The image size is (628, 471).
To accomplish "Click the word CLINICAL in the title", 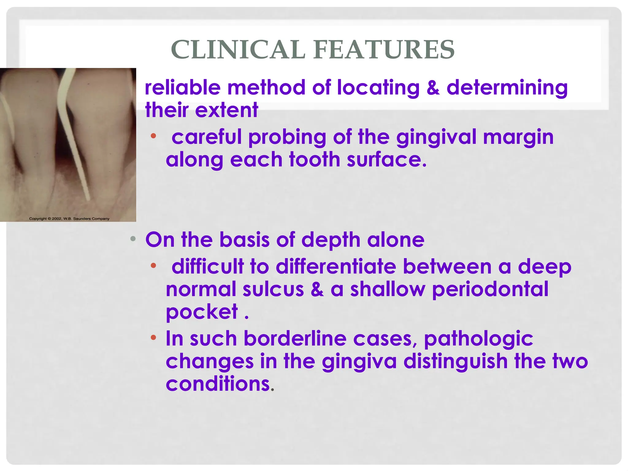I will [238, 50].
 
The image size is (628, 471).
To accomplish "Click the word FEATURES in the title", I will [384, 50].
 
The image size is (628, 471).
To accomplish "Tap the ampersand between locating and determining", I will [433, 88].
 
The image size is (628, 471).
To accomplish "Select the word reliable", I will [182, 88].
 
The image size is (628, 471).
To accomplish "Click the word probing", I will [287, 137].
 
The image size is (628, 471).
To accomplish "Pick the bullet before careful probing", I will [153, 136].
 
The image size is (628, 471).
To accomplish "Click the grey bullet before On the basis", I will [133, 239].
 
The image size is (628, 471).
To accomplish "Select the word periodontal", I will [490, 289].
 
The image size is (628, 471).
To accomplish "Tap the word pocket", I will [202, 312].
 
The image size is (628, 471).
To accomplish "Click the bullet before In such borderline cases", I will [153, 338].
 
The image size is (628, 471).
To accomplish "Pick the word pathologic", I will [478, 339].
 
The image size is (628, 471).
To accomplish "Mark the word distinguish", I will [455, 362].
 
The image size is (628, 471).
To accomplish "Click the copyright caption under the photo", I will [69, 219].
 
